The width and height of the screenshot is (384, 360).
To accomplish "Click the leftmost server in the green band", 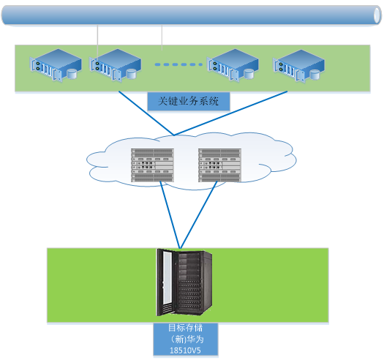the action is pyautogui.click(x=56, y=65).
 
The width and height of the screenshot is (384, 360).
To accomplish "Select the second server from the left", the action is pyautogui.click(x=115, y=65).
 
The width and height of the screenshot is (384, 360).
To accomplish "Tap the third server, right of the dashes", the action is pyautogui.click(x=233, y=65).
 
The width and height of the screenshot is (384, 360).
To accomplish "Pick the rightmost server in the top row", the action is pyautogui.click(x=298, y=66).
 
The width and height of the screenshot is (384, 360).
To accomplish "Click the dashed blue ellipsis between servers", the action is pyautogui.click(x=178, y=64).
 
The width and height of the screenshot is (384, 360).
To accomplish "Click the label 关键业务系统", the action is pyautogui.click(x=188, y=101).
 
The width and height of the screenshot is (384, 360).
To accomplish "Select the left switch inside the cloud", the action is pyautogui.click(x=152, y=165).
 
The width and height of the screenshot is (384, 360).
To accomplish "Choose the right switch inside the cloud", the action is pyautogui.click(x=219, y=165).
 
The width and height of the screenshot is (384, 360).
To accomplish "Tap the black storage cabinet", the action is pyautogui.click(x=184, y=282).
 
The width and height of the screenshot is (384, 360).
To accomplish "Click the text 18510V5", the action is pyautogui.click(x=185, y=350).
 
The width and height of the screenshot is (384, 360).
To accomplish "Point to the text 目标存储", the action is pyautogui.click(x=185, y=328).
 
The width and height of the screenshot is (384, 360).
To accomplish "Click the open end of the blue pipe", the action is pyautogui.click(x=377, y=15).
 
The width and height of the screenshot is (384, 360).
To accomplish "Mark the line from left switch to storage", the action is pyautogui.click(x=170, y=215).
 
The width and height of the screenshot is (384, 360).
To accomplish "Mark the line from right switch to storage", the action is pyautogui.click(x=199, y=215).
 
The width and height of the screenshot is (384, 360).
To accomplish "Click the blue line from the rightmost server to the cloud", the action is pyautogui.click(x=230, y=113).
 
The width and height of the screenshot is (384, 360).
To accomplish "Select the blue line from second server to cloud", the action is pyautogui.click(x=146, y=113).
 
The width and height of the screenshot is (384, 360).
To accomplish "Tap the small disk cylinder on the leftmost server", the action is pyautogui.click(x=72, y=74).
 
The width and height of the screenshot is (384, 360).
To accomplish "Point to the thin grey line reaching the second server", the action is pyautogui.click(x=97, y=42).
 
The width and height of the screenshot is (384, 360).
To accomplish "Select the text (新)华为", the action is pyautogui.click(x=187, y=340).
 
